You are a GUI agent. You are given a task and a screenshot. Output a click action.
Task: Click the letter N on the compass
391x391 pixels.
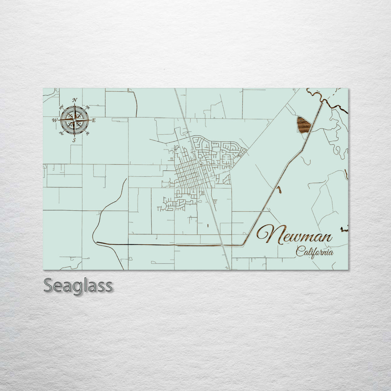[x=75, y=100]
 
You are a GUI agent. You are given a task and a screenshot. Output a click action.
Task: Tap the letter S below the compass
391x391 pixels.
[x=74, y=140]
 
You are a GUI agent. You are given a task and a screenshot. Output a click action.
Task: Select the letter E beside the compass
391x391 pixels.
[x=93, y=121]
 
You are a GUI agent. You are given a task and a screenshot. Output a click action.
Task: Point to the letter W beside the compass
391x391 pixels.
[x=55, y=120]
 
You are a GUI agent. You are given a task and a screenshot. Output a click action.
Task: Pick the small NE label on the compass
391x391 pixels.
[x=87, y=107]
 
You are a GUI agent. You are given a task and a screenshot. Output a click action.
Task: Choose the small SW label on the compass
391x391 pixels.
[x=62, y=134]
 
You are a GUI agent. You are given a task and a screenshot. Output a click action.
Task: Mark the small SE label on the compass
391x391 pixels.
[x=87, y=134]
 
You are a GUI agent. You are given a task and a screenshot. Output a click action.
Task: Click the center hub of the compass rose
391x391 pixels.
[x=75, y=120]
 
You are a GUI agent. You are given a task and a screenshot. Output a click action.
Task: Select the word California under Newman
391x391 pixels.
[x=314, y=252]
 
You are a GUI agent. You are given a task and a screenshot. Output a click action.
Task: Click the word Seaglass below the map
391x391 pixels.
[x=78, y=286]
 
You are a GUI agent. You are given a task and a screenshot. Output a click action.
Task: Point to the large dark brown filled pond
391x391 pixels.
[x=303, y=125]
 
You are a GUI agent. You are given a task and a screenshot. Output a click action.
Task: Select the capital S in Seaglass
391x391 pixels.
[x=49, y=286]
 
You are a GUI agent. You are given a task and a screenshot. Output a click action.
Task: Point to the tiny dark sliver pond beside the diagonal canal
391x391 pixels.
[x=278, y=189]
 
